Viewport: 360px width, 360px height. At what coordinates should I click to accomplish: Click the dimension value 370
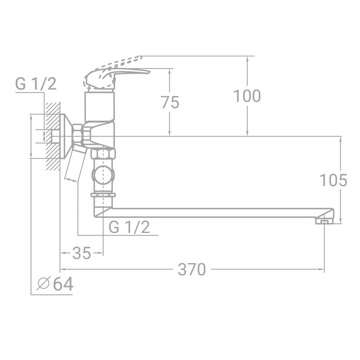[x=192, y=270]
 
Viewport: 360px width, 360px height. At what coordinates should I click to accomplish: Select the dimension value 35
[x=82, y=253]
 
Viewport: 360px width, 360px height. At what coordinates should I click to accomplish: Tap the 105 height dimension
[x=333, y=180]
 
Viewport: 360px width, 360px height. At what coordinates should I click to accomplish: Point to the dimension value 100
[x=247, y=96]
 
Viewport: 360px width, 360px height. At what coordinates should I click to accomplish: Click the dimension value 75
[x=170, y=102]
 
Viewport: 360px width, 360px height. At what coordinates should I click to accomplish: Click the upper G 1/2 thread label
[x=36, y=84]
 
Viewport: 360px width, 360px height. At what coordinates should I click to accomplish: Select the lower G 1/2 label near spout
[x=129, y=228]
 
